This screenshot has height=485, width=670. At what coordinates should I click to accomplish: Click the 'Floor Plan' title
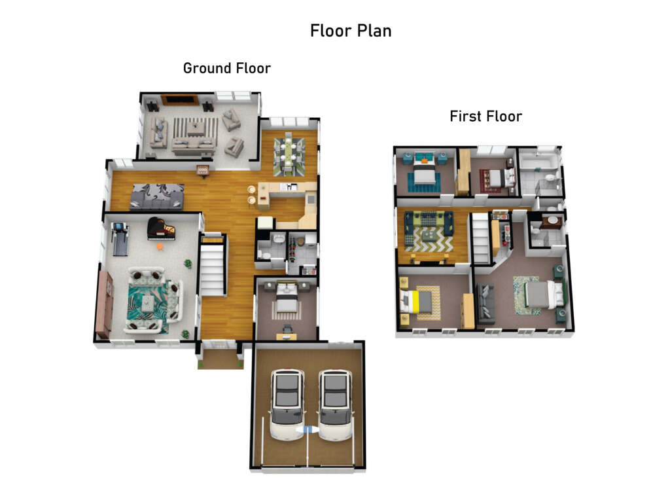point(351,31)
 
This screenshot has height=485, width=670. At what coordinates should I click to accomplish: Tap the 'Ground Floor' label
point(227,68)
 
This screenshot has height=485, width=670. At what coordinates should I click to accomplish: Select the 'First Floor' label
point(486,117)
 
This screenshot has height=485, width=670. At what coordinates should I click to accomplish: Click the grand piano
point(161,228)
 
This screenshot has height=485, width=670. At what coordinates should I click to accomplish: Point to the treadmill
point(120,240)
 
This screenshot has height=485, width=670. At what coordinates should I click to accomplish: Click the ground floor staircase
point(213,265)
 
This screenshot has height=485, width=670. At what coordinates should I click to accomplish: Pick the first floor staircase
point(480,238)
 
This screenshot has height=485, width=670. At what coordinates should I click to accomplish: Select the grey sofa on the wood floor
point(157,197)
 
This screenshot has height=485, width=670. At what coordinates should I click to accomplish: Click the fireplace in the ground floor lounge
point(180,100)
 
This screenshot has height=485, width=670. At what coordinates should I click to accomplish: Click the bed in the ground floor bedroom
point(287,297)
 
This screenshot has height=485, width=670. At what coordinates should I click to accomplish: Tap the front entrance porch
point(220,357)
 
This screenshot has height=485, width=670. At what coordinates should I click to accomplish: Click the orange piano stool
point(160,247)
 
